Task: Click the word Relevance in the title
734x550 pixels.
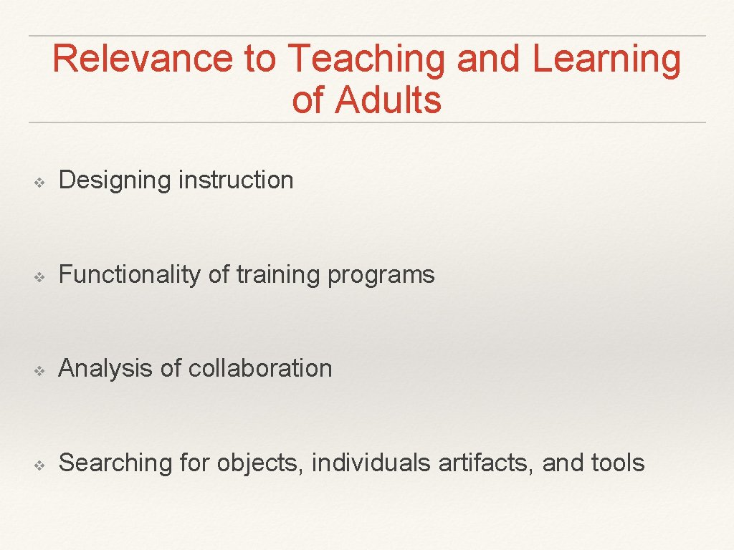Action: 143,59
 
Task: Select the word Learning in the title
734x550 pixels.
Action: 606,60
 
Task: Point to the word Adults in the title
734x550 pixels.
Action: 388,100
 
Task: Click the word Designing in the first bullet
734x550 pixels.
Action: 115,180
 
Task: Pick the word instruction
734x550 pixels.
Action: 236,180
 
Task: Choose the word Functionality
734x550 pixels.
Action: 130,275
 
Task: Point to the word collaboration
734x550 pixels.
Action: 260,368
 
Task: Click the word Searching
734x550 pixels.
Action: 115,463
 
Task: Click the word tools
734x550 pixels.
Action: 618,463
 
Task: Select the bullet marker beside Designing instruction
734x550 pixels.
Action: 41,182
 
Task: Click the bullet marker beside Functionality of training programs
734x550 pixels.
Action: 41,276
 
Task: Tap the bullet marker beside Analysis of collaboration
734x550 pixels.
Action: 41,370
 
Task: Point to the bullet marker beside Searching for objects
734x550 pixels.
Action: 41,465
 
